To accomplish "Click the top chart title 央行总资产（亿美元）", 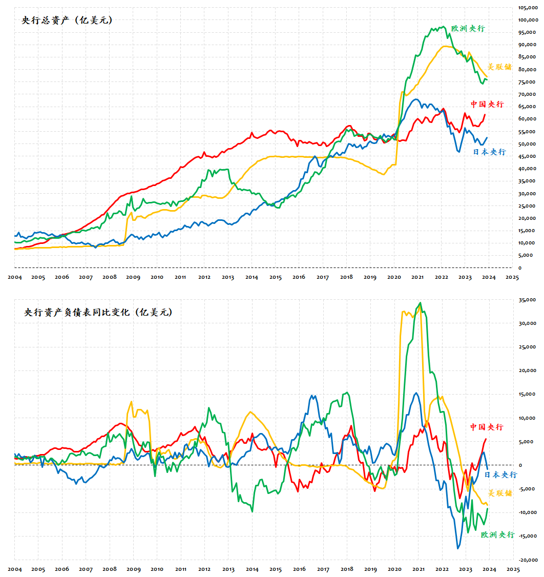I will (x=67, y=20).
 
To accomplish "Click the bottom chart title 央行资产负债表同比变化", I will (x=98, y=312).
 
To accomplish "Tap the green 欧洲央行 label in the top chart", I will (x=468, y=29).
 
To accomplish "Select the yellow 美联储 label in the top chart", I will (x=499, y=67).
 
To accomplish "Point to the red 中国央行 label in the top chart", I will (x=487, y=105).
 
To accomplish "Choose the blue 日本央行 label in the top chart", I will (x=489, y=152).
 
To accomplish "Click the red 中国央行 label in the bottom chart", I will (x=487, y=427).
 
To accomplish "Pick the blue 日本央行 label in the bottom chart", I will (x=500, y=475).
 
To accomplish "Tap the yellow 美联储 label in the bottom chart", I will (x=499, y=493).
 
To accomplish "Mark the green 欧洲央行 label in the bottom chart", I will (x=497, y=534).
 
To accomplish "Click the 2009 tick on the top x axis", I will (x=133, y=277).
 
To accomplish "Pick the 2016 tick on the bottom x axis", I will (x=299, y=569).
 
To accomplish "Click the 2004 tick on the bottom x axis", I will (x=15, y=569).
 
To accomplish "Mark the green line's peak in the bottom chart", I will (x=421, y=302).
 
